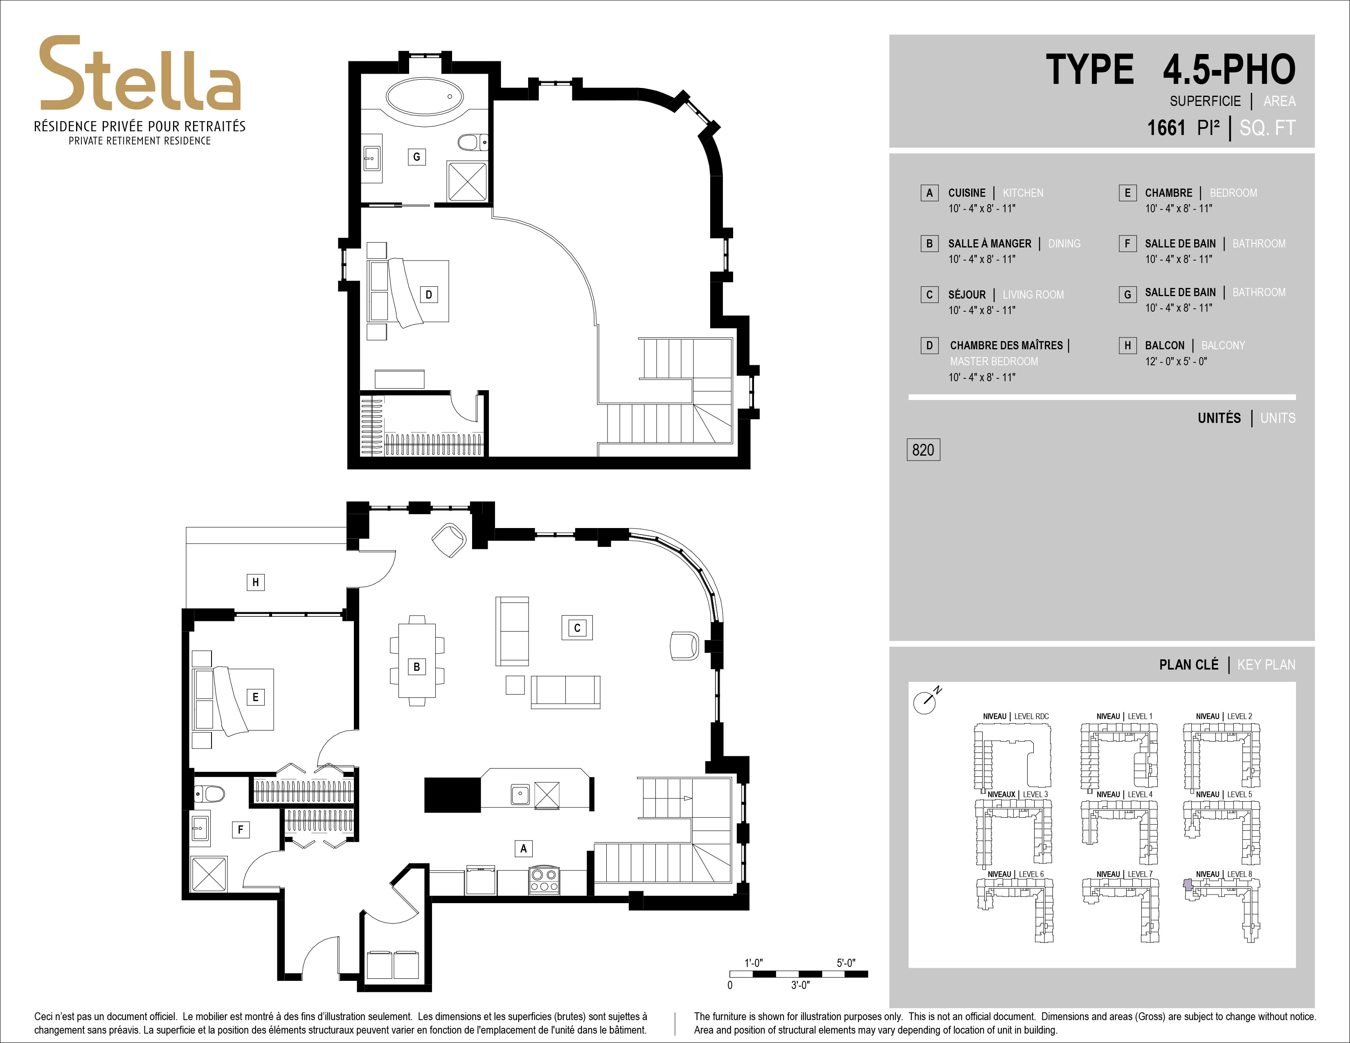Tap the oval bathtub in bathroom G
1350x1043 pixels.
click(425, 97)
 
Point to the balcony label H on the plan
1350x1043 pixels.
click(255, 582)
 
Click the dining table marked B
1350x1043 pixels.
click(416, 661)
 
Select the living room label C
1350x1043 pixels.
click(577, 628)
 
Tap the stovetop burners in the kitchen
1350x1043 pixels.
click(544, 881)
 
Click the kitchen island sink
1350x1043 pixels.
click(520, 794)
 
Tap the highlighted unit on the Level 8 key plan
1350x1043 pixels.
click(1188, 884)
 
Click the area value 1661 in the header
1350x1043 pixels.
click(1166, 128)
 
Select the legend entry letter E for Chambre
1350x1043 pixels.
click(1127, 193)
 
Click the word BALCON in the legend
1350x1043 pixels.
click(1165, 345)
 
